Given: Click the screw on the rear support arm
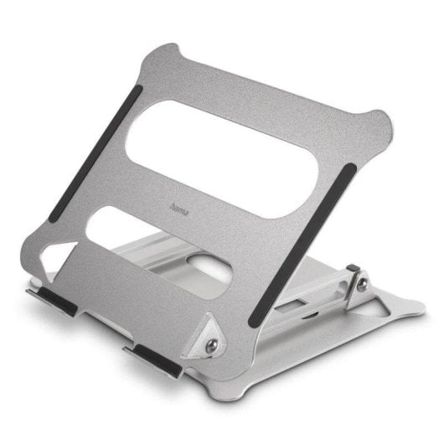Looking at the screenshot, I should pos(362,286).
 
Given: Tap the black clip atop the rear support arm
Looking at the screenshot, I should pos(354,270).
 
